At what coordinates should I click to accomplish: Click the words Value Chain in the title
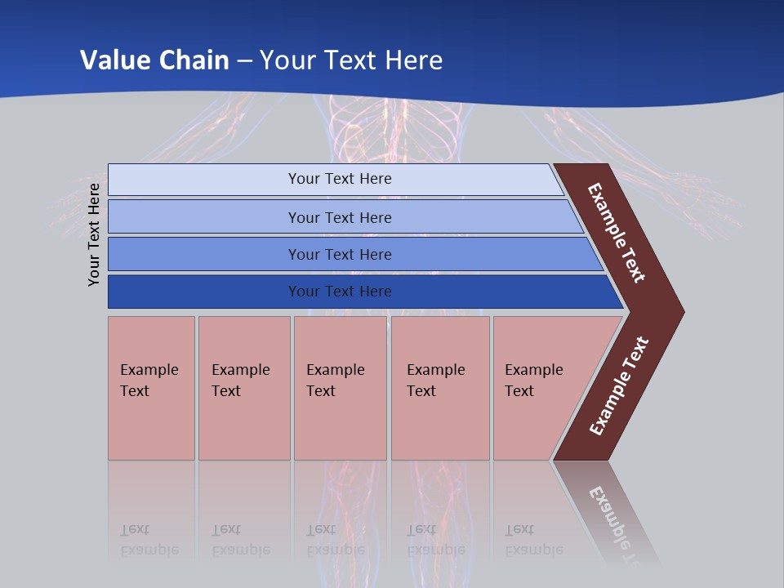(x=154, y=60)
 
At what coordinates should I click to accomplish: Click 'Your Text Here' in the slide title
(x=351, y=60)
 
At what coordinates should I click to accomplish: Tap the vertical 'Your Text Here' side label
(x=94, y=234)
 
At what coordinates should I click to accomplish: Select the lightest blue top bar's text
(x=340, y=179)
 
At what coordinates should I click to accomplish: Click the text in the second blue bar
(x=340, y=218)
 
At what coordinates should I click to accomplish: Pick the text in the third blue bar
(x=340, y=255)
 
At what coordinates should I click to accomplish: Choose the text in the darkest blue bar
(x=340, y=292)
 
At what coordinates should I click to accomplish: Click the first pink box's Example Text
(x=149, y=381)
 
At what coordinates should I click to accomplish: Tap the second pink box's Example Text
(x=240, y=381)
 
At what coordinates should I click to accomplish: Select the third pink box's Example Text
(x=335, y=381)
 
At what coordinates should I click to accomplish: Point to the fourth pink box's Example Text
(x=435, y=381)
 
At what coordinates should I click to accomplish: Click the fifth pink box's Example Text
(x=533, y=381)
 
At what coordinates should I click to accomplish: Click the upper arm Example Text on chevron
(x=617, y=234)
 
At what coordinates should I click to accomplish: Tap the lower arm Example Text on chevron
(x=619, y=386)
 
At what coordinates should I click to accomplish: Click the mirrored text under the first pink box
(x=149, y=540)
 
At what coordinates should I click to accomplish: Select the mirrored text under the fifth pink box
(x=533, y=540)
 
